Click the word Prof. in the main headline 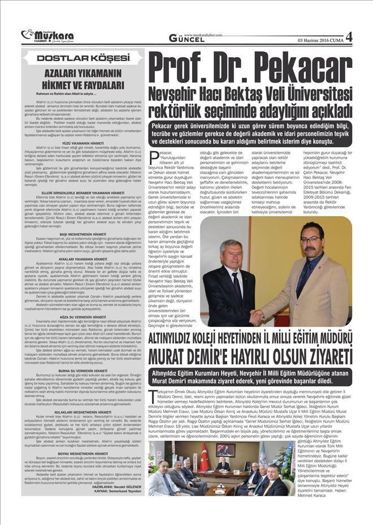[180, 67]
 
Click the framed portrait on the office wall [225, 449]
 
